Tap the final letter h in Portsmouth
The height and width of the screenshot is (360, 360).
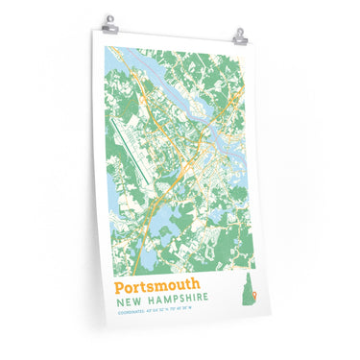pos(196,284)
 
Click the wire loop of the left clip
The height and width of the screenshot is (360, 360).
pos(109,18)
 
